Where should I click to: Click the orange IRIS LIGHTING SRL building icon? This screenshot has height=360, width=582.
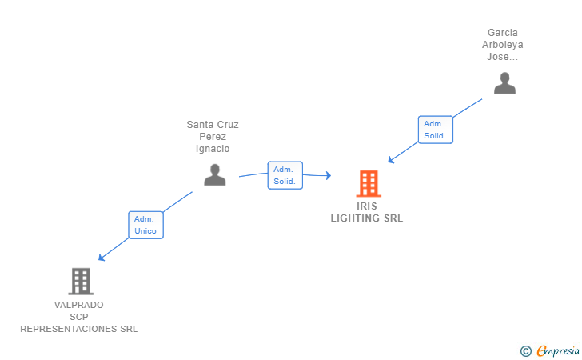368,183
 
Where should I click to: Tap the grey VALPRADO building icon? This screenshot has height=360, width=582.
80,281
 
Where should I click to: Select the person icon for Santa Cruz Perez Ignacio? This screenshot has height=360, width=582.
214,174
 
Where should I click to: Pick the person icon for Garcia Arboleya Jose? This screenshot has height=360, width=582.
504,82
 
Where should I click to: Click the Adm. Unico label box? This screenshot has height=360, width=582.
145,225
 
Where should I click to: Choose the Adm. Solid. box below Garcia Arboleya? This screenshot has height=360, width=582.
435,130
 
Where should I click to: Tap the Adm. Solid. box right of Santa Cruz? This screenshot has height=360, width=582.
284,175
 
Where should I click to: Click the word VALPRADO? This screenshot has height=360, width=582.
78,305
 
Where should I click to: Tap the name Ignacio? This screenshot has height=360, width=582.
213,149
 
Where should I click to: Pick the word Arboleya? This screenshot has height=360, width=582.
502,45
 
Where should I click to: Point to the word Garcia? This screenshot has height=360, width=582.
503,33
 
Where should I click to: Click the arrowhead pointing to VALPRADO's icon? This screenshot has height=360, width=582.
101,258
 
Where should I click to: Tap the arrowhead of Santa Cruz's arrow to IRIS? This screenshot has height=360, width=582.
328,175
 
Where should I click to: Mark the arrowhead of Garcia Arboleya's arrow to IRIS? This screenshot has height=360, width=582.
391,160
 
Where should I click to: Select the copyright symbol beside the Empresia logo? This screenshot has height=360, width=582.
525,350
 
